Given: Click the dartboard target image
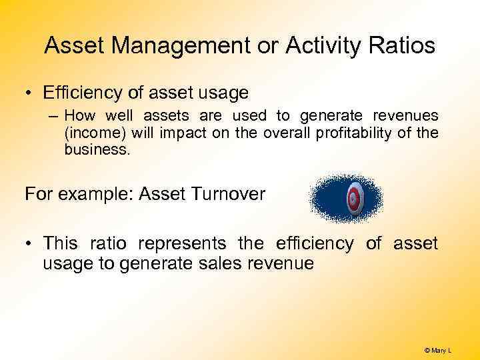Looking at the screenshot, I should point(353,198).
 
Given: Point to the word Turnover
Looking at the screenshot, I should point(229,194).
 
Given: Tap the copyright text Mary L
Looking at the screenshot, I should point(438,350).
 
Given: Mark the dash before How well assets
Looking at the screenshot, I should point(53,117).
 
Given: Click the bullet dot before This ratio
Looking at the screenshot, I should point(29,244).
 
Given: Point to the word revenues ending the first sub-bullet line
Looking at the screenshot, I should point(407,116).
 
